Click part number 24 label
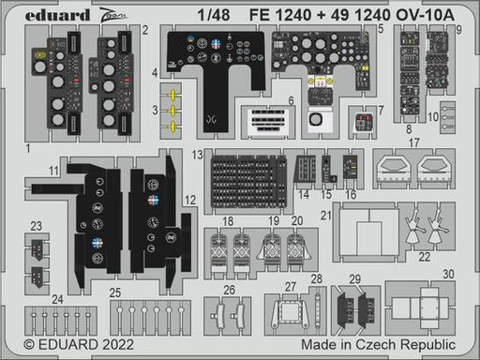click(59, 299)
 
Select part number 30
click(449, 274)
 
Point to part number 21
click(326, 215)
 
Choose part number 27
click(291, 287)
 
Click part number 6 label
click(292, 100)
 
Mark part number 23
click(36, 225)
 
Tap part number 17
click(413, 143)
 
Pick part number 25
click(114, 293)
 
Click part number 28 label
click(317, 279)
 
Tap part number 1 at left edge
click(28, 148)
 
